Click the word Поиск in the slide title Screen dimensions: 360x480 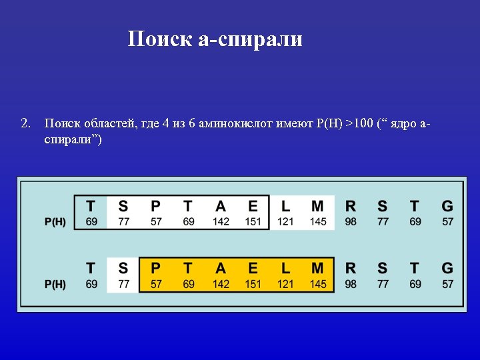pyautogui.click(x=160, y=39)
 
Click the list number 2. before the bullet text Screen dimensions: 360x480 pyautogui.click(x=27, y=123)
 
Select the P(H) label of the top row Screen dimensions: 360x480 pyautogui.click(x=55, y=221)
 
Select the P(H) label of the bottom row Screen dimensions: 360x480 pyautogui.click(x=55, y=284)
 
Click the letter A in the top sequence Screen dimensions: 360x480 pyautogui.click(x=221, y=206)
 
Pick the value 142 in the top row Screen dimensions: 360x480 pyautogui.click(x=221, y=221)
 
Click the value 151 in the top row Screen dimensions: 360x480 pyautogui.click(x=253, y=221)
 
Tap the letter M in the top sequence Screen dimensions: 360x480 pyautogui.click(x=318, y=206)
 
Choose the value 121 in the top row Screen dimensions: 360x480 pyautogui.click(x=285, y=221)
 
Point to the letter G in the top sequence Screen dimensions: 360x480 pyautogui.click(x=447, y=206)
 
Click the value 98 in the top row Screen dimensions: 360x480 pyautogui.click(x=351, y=221)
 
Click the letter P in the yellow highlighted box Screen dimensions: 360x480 pyautogui.click(x=156, y=269)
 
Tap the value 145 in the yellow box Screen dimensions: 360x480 pyautogui.click(x=318, y=284)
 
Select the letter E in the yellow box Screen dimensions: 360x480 pyautogui.click(x=253, y=269)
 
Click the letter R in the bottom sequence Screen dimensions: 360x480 pyautogui.click(x=351, y=269)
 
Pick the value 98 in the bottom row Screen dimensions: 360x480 pyautogui.click(x=351, y=284)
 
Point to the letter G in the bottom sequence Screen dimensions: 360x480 pyautogui.click(x=447, y=269)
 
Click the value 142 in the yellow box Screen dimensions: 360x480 pyautogui.click(x=221, y=284)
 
